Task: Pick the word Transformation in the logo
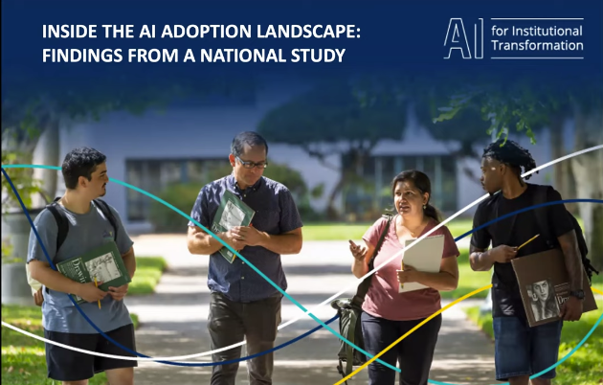pos(537,46)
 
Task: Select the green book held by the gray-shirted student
pos(93,268)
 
